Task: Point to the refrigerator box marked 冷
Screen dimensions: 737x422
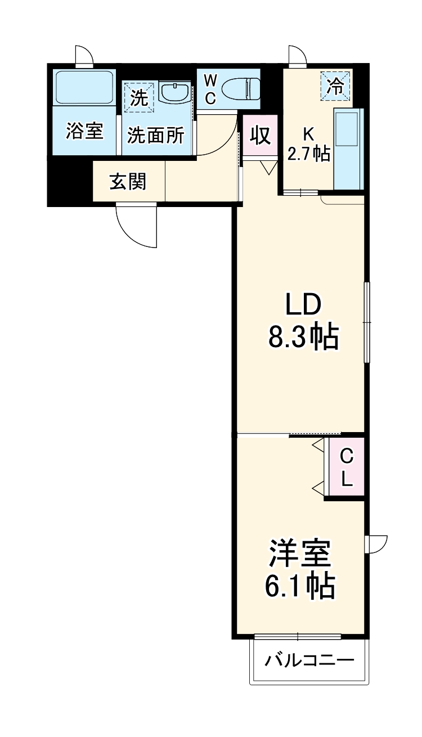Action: (335, 86)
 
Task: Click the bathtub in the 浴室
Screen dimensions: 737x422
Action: (84, 87)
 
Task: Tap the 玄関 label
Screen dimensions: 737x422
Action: (128, 182)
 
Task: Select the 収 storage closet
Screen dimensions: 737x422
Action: (260, 136)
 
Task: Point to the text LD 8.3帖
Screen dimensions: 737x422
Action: (303, 321)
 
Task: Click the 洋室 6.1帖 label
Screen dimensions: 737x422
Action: (299, 569)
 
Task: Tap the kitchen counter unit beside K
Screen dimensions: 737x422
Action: (349, 149)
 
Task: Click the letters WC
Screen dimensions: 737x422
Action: (209, 89)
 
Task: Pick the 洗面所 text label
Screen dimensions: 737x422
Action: (155, 135)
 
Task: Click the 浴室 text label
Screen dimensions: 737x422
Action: (84, 131)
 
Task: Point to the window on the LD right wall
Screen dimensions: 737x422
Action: (367, 322)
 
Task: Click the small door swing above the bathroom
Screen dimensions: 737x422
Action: (85, 57)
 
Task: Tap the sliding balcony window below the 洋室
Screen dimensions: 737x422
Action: (298, 637)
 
